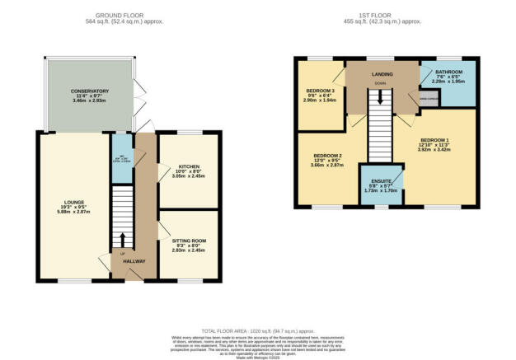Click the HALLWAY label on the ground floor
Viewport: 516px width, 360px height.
[x=134, y=261]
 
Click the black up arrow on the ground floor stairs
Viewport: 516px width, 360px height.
[x=123, y=240]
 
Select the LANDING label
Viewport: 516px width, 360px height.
[x=382, y=75]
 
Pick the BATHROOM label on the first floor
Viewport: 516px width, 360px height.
[x=448, y=70]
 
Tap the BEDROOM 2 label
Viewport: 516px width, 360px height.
[x=326, y=155]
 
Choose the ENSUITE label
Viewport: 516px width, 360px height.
[x=380, y=180]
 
